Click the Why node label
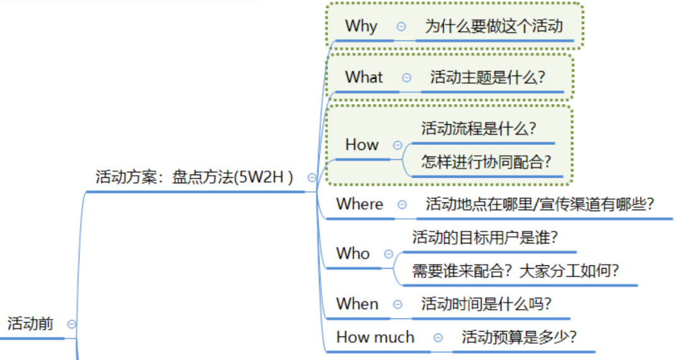pyautogui.click(x=361, y=26)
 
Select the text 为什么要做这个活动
pyautogui.click(x=494, y=26)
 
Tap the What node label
pyautogui.click(x=364, y=78)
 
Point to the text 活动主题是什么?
pyautogui.click(x=487, y=78)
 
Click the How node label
pyautogui.click(x=362, y=144)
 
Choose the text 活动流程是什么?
pyautogui.click(x=479, y=129)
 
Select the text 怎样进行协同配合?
pyautogui.click(x=486, y=162)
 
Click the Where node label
pyautogui.click(x=359, y=204)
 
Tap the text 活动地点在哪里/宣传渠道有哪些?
pyautogui.click(x=540, y=204)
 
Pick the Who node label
pyautogui.click(x=352, y=253)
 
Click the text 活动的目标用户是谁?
pyautogui.click(x=485, y=238)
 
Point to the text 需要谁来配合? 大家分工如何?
pyautogui.click(x=516, y=271)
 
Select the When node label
pyautogui.click(x=357, y=303)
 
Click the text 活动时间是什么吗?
pyautogui.click(x=486, y=303)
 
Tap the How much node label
pyautogui.click(x=375, y=337)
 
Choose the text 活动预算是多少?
pyautogui.click(x=519, y=337)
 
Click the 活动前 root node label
pyautogui.click(x=30, y=323)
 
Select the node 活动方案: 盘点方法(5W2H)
pyautogui.click(x=194, y=177)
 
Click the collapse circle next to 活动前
pyautogui.click(x=72, y=324)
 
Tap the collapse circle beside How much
pyautogui.click(x=438, y=337)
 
